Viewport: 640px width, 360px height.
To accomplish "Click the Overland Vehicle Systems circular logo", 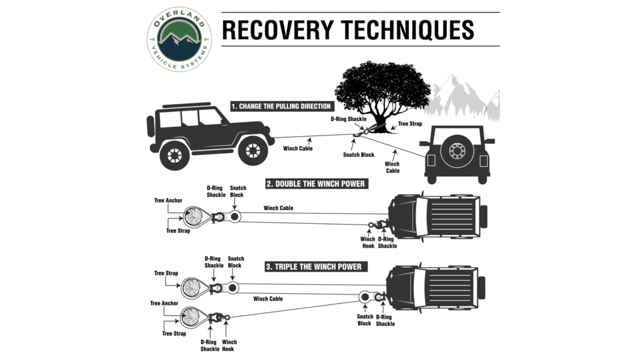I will [179, 39].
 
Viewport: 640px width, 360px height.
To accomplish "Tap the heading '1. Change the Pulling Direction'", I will [281, 106].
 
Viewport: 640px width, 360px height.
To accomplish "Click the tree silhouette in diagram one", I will [383, 88].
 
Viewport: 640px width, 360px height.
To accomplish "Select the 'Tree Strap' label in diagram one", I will [410, 123].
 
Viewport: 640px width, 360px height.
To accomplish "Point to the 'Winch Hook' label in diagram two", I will [368, 242].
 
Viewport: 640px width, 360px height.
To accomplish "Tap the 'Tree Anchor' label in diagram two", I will [168, 201].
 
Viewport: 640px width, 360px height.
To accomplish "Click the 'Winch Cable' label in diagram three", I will [268, 298].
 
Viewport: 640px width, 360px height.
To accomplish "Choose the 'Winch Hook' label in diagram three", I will [230, 346].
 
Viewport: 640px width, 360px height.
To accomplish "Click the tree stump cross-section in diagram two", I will [194, 215].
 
